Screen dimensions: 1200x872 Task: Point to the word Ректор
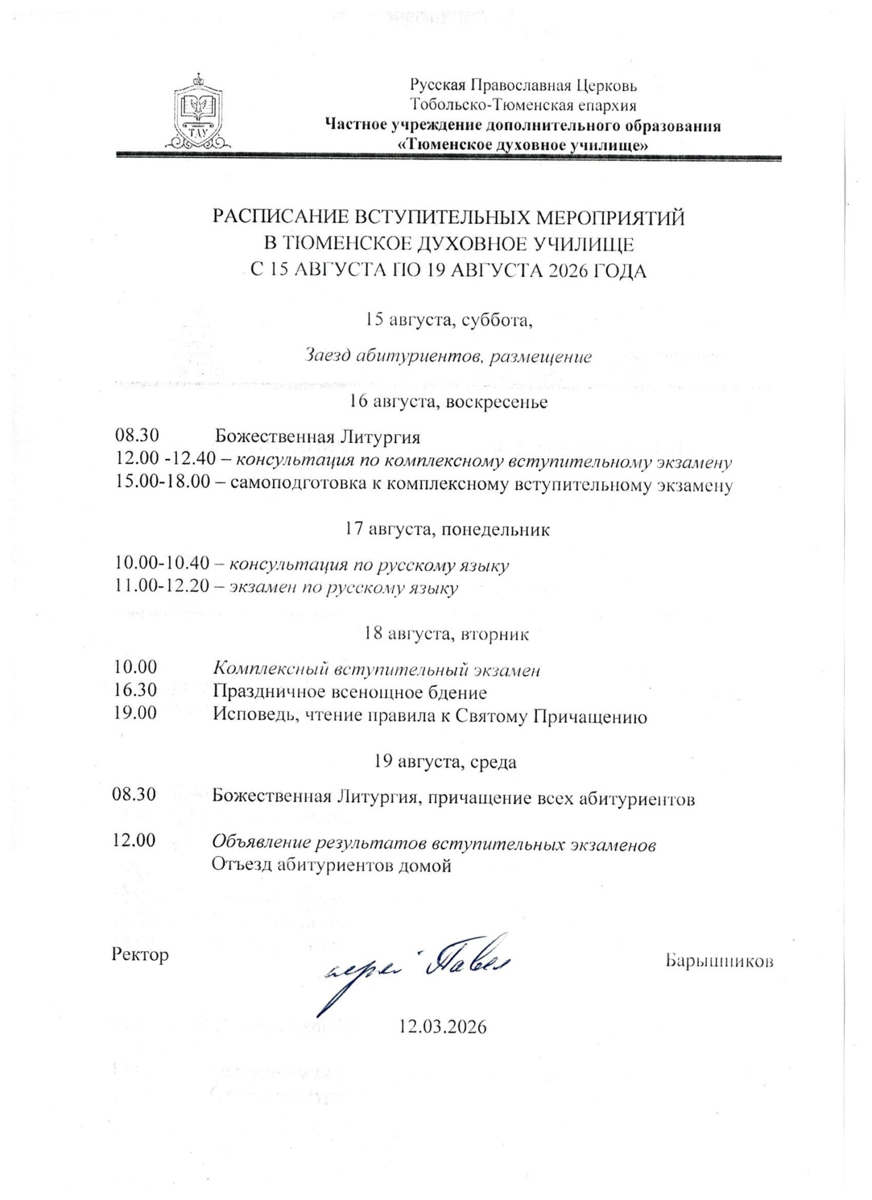click(140, 954)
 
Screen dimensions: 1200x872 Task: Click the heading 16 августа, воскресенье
click(448, 402)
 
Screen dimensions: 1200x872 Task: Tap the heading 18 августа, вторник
click(446, 635)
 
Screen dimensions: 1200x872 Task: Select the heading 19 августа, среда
click(446, 762)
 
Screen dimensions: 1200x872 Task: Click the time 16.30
click(136, 690)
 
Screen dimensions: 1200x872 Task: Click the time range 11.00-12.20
click(162, 587)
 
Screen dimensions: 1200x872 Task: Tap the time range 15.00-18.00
click(162, 485)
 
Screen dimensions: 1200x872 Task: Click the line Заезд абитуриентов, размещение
click(448, 356)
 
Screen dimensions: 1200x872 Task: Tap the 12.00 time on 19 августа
click(134, 840)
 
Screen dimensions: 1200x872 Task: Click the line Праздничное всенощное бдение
click(350, 693)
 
